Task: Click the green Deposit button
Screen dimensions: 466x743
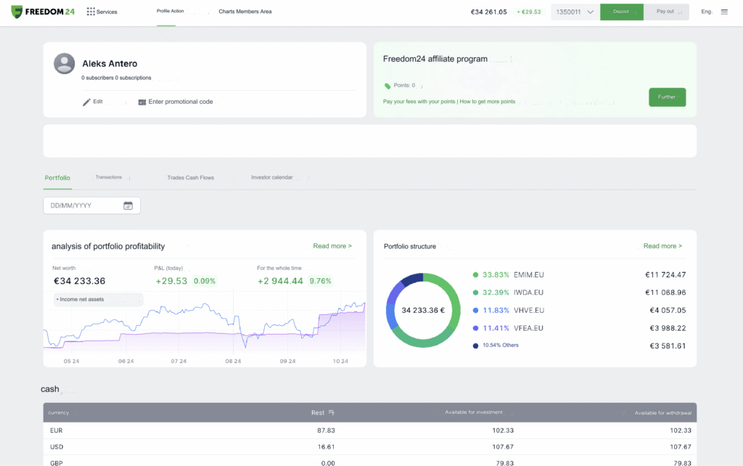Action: [621, 12]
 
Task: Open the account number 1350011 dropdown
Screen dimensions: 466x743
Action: [575, 12]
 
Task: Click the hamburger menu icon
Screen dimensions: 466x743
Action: [724, 12]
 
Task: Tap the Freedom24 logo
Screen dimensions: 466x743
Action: [43, 12]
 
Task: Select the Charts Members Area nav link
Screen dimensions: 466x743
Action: [245, 12]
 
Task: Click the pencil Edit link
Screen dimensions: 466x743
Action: [92, 102]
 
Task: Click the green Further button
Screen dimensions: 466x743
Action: [667, 97]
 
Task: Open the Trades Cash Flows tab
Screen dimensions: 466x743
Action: [190, 177]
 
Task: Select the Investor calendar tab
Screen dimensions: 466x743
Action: [272, 177]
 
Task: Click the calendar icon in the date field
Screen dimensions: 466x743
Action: [128, 205]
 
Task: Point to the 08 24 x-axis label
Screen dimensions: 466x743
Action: [233, 361]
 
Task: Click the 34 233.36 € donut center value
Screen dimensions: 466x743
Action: [422, 310]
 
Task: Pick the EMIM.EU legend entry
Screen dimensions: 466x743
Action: [528, 275]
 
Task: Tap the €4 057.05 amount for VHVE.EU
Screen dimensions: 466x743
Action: [665, 311]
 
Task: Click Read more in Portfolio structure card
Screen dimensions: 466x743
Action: [662, 246]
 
